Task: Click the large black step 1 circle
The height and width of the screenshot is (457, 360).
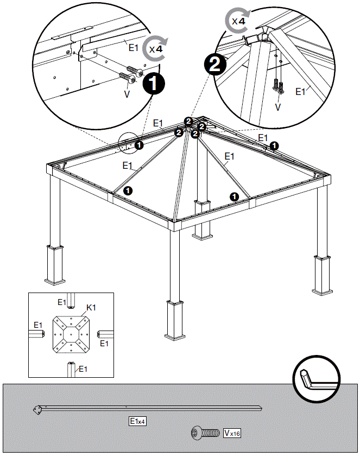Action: (x=154, y=85)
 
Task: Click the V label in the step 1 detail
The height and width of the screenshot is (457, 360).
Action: (x=127, y=94)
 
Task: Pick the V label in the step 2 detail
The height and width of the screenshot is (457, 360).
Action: (x=278, y=107)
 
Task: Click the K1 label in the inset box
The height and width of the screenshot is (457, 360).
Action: (x=91, y=307)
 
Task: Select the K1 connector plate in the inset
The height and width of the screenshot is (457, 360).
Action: (x=71, y=335)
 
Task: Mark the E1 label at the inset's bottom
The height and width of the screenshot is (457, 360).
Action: (x=83, y=369)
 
